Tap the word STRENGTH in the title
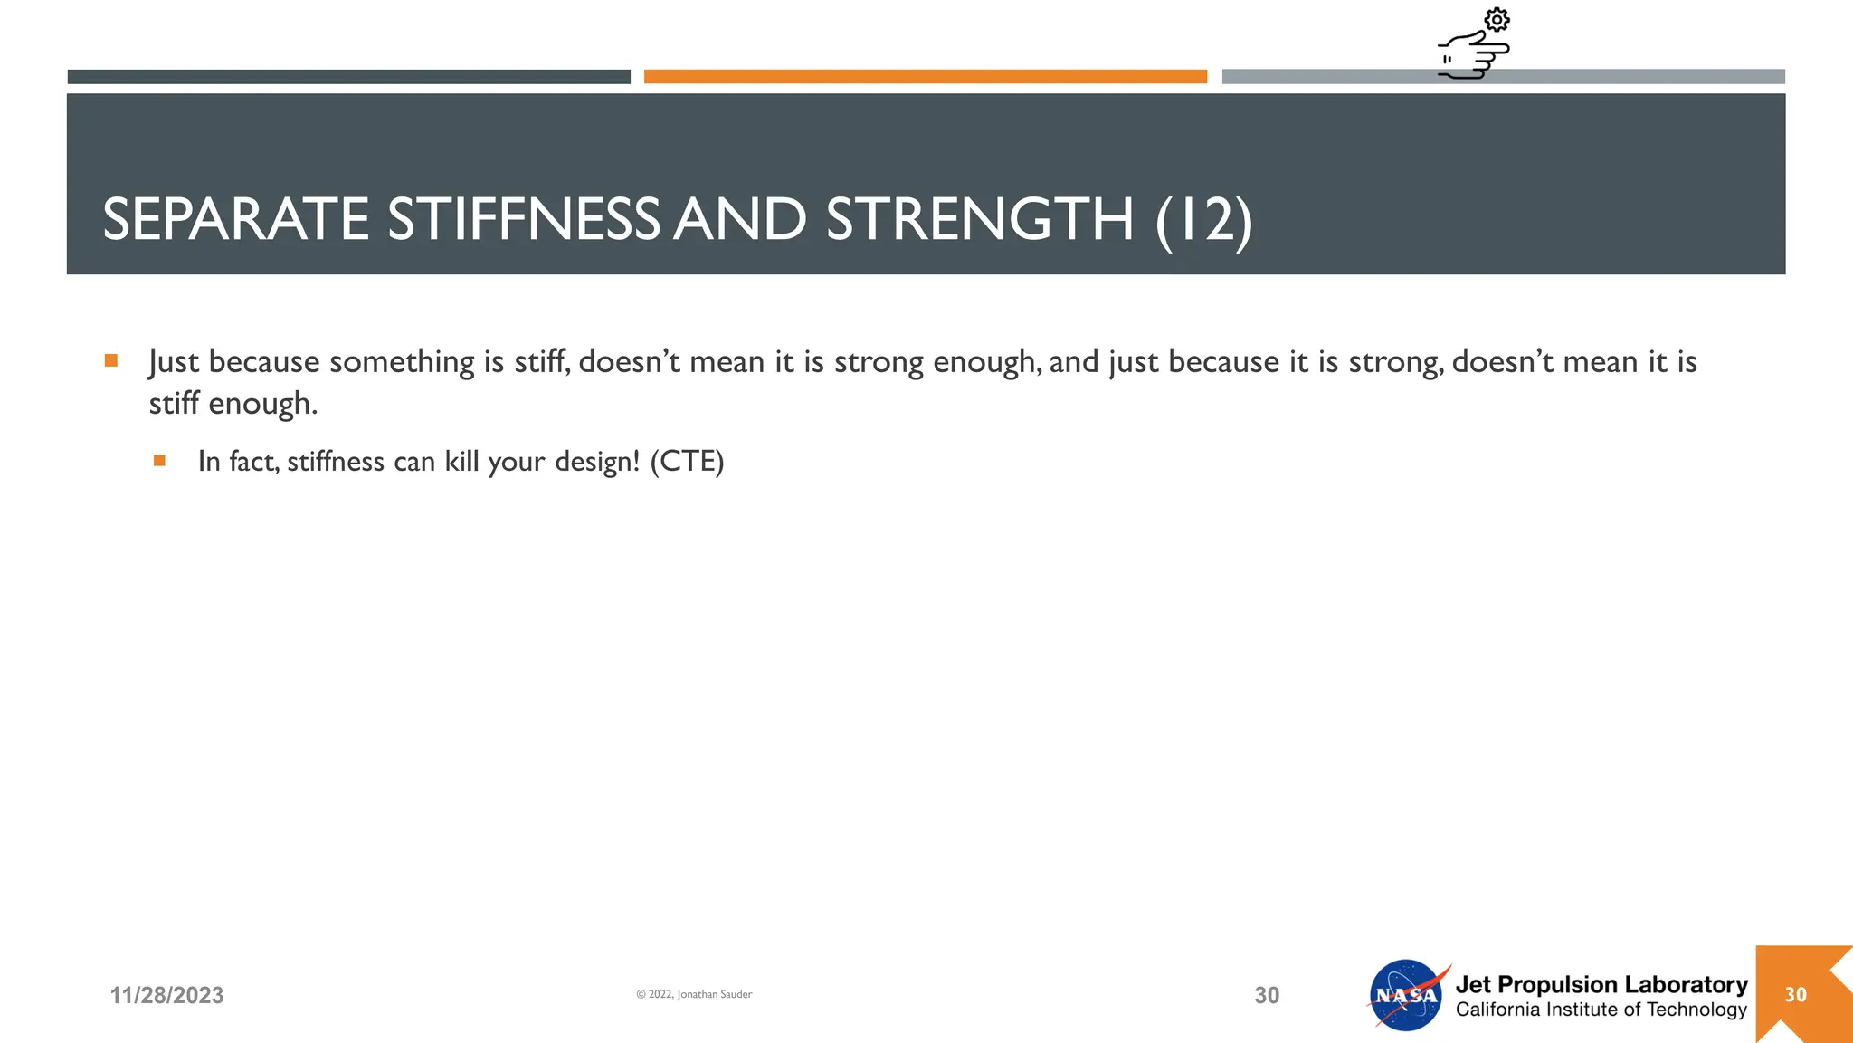tap(979, 219)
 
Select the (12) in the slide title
tap(1203, 221)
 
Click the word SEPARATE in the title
tap(236, 219)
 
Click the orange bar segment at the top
tap(925, 77)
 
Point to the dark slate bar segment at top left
tap(348, 77)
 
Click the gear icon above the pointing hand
tap(1497, 20)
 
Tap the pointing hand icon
tap(1473, 55)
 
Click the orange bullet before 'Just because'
tap(111, 360)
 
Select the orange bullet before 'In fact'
tap(159, 461)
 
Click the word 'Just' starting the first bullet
tap(173, 361)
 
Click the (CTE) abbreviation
tap(687, 461)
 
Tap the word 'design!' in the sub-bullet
tap(596, 462)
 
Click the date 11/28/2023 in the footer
tap(166, 995)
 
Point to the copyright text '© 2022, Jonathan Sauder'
tap(694, 994)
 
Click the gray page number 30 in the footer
tap(1267, 995)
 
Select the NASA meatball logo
tap(1406, 995)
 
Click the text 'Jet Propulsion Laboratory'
tap(1601, 984)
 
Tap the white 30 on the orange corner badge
tap(1795, 994)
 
